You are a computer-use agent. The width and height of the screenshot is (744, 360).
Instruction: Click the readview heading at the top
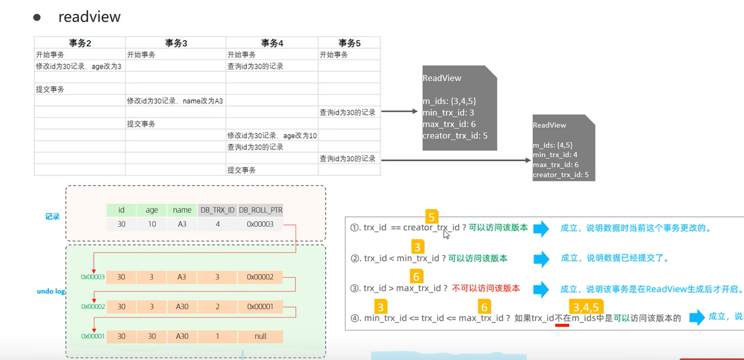pos(89,17)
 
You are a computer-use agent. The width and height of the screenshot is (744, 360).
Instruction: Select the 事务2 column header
pos(80,43)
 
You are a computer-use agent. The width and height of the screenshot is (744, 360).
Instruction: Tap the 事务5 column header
pos(349,43)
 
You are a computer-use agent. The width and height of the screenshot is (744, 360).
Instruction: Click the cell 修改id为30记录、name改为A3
pos(175,101)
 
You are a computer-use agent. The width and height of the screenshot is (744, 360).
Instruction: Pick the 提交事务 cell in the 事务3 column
pos(141,124)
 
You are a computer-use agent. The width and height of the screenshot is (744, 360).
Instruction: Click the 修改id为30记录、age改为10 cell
pos(272,136)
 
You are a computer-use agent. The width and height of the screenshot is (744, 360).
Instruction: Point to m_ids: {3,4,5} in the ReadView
pos(450,101)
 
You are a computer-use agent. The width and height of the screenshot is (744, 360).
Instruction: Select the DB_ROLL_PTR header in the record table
pos(260,210)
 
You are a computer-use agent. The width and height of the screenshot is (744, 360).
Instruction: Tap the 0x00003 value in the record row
pos(260,224)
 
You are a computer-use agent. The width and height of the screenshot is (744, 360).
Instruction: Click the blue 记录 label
pos(52,217)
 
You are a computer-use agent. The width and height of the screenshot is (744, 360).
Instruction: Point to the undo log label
pos(50,291)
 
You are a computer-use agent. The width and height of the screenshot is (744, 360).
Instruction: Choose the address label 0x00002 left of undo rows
pos(93,307)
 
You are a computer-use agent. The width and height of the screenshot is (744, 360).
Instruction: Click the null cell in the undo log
pos(260,336)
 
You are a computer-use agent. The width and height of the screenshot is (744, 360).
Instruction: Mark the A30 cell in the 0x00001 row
pos(182,336)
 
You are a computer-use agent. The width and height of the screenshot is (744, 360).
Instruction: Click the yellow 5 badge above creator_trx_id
pos(432,217)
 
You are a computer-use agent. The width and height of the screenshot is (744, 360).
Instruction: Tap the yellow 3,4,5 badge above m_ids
pos(586,307)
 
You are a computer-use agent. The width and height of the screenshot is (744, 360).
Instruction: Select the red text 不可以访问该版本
pos(486,289)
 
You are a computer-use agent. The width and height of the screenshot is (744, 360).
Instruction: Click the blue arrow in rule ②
pos(541,259)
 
